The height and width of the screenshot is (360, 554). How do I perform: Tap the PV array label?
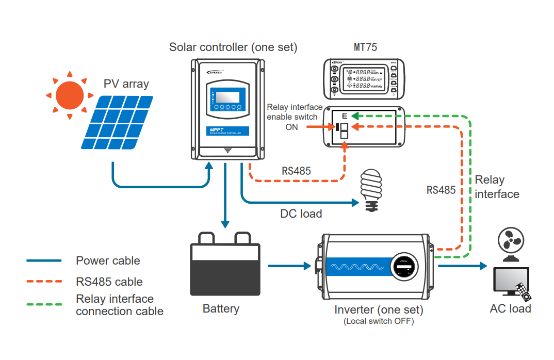click(x=126, y=84)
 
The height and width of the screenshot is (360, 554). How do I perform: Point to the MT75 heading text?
click(x=365, y=47)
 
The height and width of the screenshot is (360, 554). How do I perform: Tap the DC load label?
click(x=301, y=214)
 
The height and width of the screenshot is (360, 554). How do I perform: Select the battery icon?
click(x=225, y=265)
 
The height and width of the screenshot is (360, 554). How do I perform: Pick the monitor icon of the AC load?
click(x=510, y=282)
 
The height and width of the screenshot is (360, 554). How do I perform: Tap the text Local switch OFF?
click(x=379, y=321)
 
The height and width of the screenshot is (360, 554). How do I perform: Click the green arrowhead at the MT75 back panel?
click(x=355, y=117)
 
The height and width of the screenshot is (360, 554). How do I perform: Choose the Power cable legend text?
click(x=108, y=260)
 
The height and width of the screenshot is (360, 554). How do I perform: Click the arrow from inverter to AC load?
click(x=462, y=266)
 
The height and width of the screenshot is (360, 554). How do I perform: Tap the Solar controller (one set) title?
click(x=233, y=47)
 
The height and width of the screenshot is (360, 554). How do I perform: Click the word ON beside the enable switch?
click(x=291, y=127)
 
